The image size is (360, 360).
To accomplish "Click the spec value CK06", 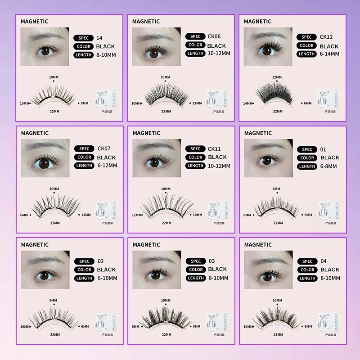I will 214,36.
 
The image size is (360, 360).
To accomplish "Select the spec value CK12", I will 325,37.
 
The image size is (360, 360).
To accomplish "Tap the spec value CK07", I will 104,149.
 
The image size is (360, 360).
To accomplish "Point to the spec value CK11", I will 214,149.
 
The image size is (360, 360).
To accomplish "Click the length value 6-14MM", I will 330,54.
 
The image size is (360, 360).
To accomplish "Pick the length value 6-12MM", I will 107,166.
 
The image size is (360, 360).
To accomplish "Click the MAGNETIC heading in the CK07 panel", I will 35,133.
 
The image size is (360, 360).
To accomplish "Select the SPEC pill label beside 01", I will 307,149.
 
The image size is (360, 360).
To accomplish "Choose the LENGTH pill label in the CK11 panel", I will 196,166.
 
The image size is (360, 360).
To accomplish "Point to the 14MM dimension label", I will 247,103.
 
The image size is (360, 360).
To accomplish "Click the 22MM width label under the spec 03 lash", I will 166,335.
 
